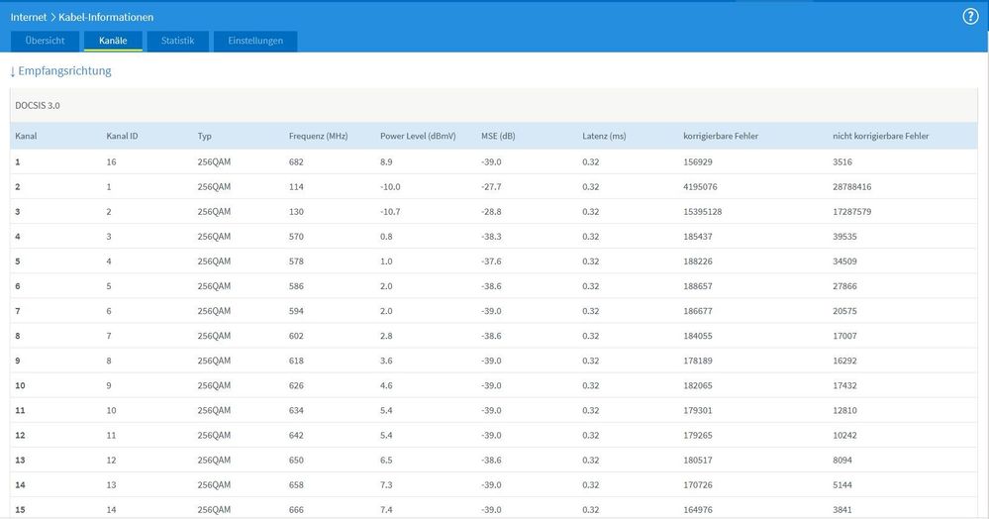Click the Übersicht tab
(46, 41)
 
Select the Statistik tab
(178, 41)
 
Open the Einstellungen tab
(255, 41)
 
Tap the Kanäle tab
(113, 41)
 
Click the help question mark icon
(970, 17)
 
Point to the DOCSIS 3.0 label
(38, 105)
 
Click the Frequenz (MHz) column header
(319, 136)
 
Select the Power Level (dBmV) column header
(418, 136)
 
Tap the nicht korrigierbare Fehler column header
(881, 136)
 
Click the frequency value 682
(296, 161)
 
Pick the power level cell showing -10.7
(391, 211)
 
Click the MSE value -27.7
(491, 186)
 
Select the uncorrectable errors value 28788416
(852, 186)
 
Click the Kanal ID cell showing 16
(112, 161)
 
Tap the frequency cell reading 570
(296, 236)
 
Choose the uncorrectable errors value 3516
(842, 161)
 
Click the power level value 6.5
(387, 460)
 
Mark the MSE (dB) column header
(498, 136)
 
